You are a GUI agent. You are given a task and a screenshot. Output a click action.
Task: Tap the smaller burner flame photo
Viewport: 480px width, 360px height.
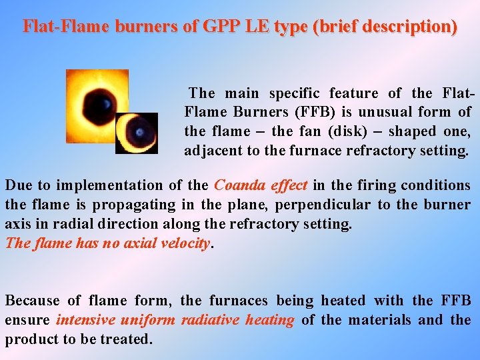point(137,133)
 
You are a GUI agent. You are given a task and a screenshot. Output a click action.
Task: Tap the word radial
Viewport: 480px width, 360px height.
point(154,224)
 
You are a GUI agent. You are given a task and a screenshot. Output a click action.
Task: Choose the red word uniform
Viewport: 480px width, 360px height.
point(151,320)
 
